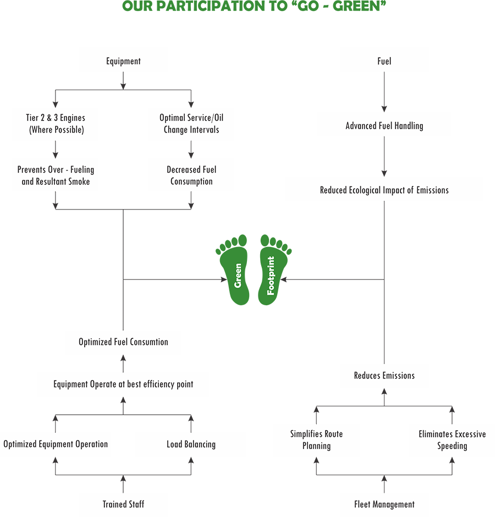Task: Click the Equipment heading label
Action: (x=123, y=61)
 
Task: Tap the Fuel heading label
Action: (x=384, y=61)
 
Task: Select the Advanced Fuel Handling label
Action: (x=384, y=126)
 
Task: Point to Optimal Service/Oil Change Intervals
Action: (x=191, y=124)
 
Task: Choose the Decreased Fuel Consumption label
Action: (x=191, y=175)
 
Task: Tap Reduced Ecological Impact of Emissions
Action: (x=384, y=190)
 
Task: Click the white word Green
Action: (x=238, y=276)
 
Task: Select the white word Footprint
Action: (x=271, y=276)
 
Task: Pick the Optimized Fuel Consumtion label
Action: (x=123, y=342)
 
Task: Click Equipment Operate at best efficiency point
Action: (x=123, y=384)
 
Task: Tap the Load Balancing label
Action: (x=191, y=444)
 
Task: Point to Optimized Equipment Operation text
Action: (x=56, y=444)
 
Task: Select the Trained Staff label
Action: (x=123, y=504)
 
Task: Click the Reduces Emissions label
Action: (x=384, y=376)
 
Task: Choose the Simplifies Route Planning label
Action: (x=316, y=440)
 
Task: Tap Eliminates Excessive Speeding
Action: (x=452, y=440)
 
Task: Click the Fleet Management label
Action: (x=384, y=504)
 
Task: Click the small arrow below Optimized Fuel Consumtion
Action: (x=123, y=363)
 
